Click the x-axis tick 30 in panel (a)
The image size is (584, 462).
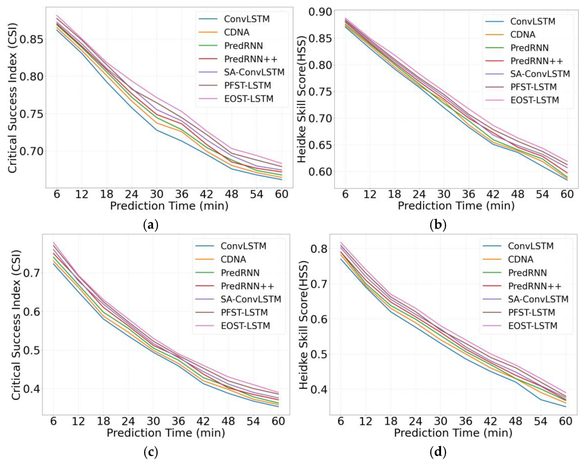coord(157,194)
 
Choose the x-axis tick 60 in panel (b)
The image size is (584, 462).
coord(567,194)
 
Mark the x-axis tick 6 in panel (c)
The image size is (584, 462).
coord(53,421)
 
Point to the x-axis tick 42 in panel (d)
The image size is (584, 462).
coord(490,421)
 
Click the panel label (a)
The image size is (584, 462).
coord(150,225)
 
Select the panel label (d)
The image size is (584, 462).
coord(438,452)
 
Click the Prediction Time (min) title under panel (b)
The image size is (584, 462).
coord(456,206)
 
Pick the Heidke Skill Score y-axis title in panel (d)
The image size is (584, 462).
coord(304,325)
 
